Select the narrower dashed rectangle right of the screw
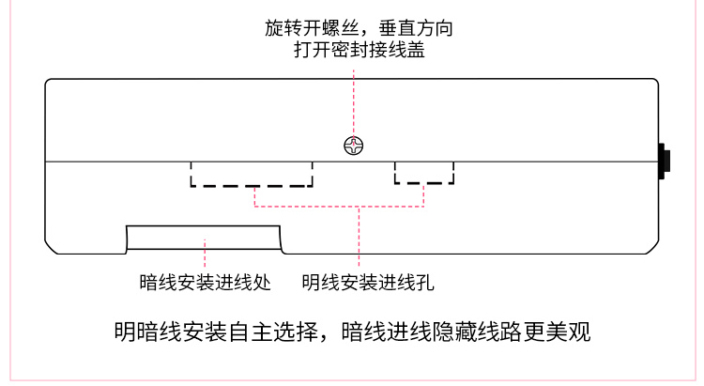tap(423, 172)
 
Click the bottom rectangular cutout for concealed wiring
tap(204, 239)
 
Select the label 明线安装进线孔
tap(367, 281)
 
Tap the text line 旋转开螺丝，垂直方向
tap(360, 28)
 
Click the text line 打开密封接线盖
tap(360, 50)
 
